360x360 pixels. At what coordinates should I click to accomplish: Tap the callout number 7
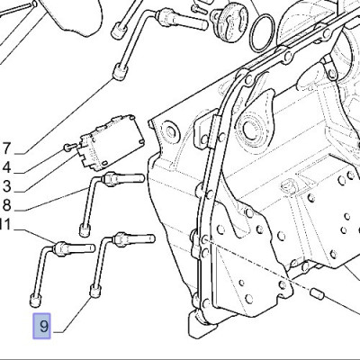(x=6, y=148)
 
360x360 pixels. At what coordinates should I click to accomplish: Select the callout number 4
(x=6, y=167)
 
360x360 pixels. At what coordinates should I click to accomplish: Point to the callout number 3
(x=6, y=186)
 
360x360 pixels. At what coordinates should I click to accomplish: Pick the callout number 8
(x=6, y=205)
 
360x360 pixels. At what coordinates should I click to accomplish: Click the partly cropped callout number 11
(x=5, y=224)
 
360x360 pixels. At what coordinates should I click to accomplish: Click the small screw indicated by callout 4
(x=70, y=147)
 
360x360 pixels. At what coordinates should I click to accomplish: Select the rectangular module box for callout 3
(x=111, y=140)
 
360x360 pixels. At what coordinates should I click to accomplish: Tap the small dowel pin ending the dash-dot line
(x=318, y=293)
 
